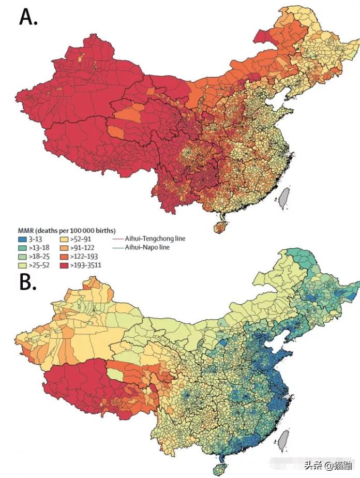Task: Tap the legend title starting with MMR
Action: point(67,230)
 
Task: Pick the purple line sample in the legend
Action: point(117,239)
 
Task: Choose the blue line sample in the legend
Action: point(117,248)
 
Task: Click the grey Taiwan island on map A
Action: point(283,198)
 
